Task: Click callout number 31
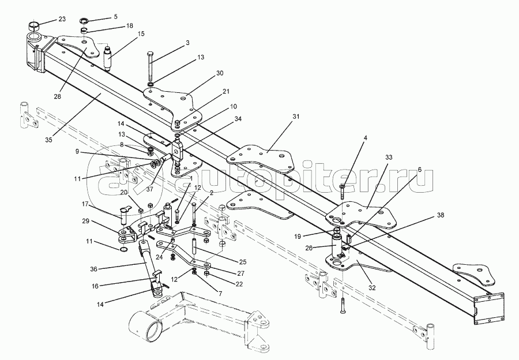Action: [296, 117]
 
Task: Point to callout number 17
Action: [84, 204]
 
